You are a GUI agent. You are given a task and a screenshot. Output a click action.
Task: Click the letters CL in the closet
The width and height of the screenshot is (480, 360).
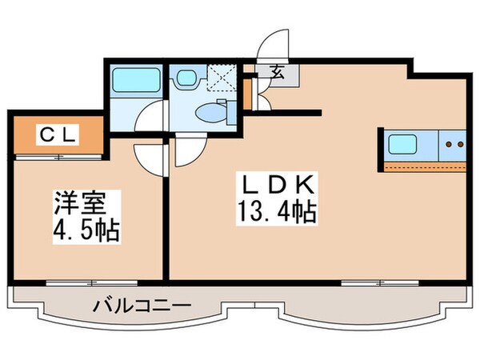pyautogui.click(x=58, y=136)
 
